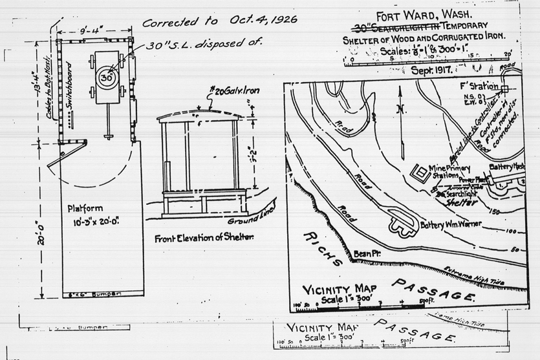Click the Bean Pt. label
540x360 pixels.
click(365, 255)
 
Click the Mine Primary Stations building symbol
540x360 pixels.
click(421, 173)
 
